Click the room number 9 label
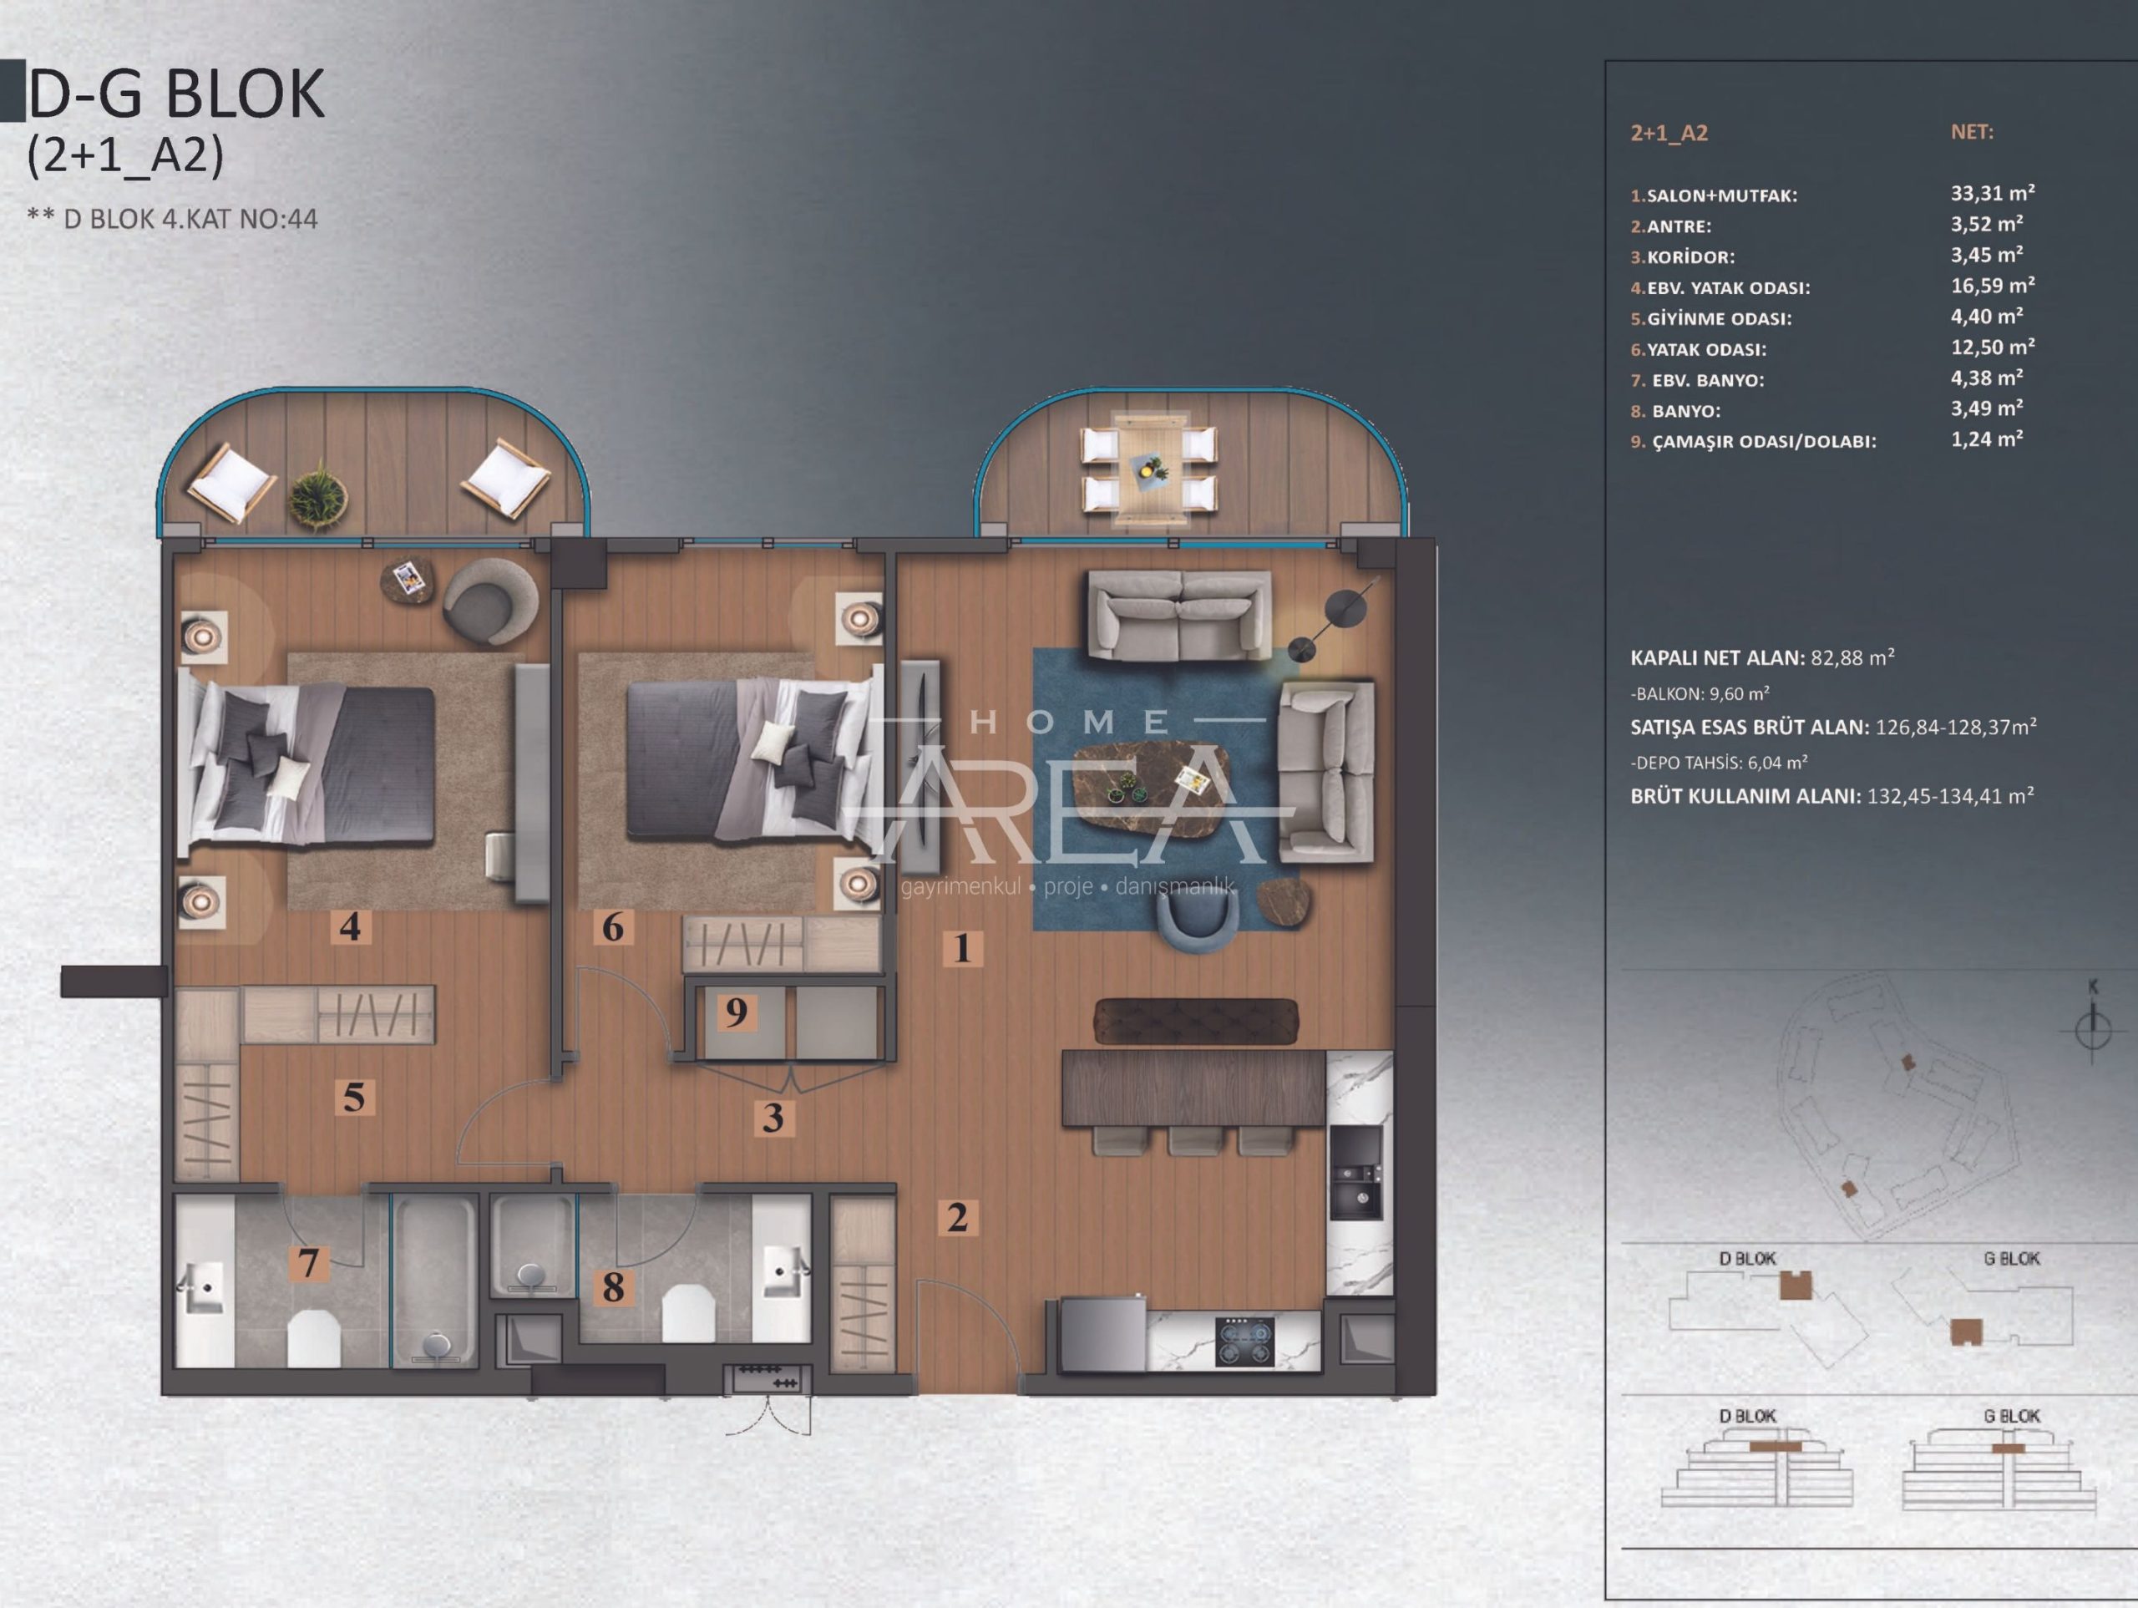pos(737,1012)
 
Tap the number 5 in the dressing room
pos(354,1098)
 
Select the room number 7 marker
pos(308,1263)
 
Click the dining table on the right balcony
pos(1149,470)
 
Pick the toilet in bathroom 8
pos(688,1312)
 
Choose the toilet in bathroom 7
pos(314,1338)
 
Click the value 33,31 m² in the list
pos(1992,194)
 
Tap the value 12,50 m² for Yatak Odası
pos(1992,347)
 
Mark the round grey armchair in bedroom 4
pos(490,602)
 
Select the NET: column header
pos(1972,133)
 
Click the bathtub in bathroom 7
pos(435,1279)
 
